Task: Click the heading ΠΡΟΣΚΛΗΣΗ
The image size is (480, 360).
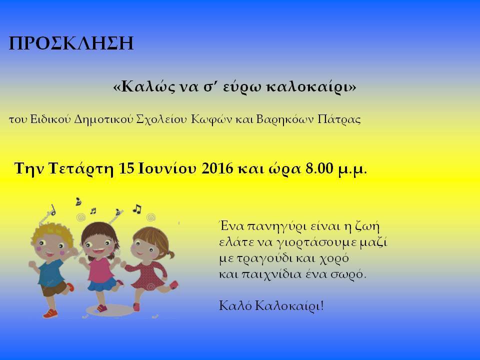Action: [x=71, y=43]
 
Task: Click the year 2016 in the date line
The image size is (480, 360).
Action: [x=217, y=168]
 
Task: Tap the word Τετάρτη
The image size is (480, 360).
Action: [x=81, y=169]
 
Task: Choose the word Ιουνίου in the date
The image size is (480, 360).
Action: [x=167, y=168]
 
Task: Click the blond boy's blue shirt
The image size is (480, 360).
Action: [x=51, y=273]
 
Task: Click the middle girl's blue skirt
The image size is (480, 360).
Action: [x=101, y=284]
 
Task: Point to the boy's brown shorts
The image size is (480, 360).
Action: [x=53, y=289]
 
